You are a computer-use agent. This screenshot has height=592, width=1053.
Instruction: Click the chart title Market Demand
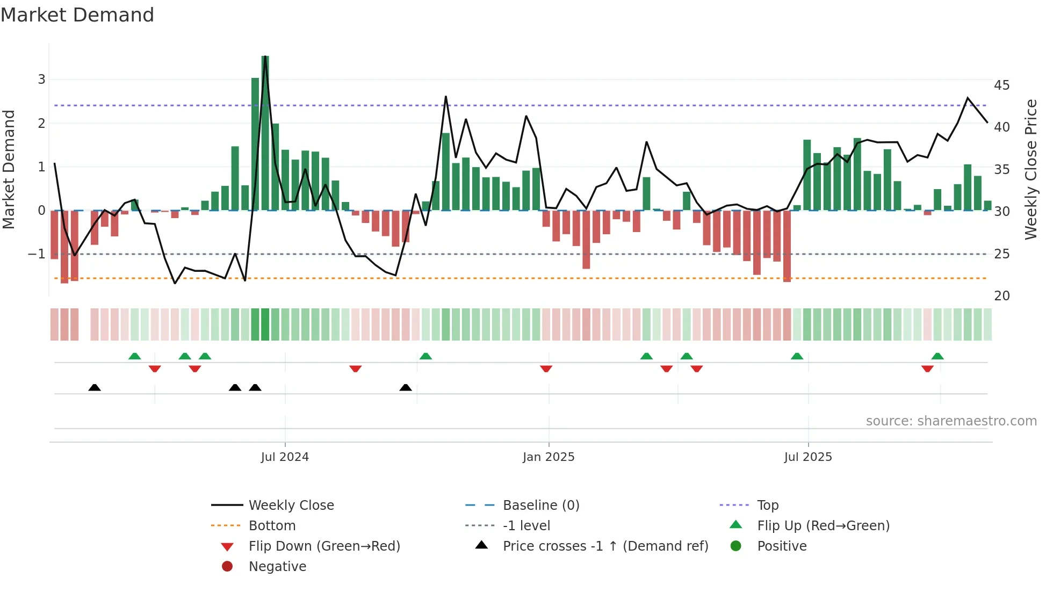[x=77, y=15]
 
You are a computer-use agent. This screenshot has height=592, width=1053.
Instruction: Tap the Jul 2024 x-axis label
[x=285, y=457]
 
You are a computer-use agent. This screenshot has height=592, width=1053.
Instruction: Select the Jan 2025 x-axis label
[x=549, y=457]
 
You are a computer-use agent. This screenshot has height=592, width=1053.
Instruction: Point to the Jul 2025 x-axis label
[x=808, y=457]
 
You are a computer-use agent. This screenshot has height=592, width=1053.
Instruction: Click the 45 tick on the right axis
[x=1001, y=85]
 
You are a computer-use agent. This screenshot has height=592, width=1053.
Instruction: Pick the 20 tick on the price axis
[x=1001, y=296]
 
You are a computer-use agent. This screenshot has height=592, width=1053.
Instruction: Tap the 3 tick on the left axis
[x=41, y=80]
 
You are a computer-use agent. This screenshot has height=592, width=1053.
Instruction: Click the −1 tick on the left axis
[x=37, y=254]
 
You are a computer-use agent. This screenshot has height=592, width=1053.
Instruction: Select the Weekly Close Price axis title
[x=1030, y=169]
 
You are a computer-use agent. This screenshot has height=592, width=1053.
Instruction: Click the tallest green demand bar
[x=265, y=134]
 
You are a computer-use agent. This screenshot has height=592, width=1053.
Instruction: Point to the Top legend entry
[x=768, y=506]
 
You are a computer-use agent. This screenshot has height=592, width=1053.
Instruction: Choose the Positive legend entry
[x=782, y=546]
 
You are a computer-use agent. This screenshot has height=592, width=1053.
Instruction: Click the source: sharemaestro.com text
[x=951, y=421]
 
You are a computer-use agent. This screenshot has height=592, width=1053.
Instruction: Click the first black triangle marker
[x=95, y=387]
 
